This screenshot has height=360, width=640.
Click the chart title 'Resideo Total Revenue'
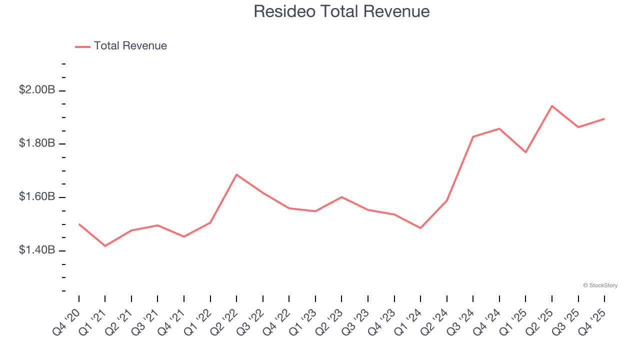341,11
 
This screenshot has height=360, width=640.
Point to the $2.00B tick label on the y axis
37,90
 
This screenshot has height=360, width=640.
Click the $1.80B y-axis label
37,143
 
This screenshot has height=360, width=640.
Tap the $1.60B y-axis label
37,197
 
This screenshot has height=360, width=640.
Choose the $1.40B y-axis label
37,250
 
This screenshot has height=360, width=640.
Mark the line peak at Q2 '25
551,106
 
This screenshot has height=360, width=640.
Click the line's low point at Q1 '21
105,246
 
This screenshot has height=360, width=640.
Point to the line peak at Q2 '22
236,174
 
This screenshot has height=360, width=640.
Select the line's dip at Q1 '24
420,228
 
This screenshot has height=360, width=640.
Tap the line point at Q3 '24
473,136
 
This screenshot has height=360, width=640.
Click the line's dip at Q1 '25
525,152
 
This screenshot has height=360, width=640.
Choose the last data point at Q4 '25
604,119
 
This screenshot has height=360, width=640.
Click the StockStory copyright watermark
600,285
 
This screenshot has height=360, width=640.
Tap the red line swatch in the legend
82,46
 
